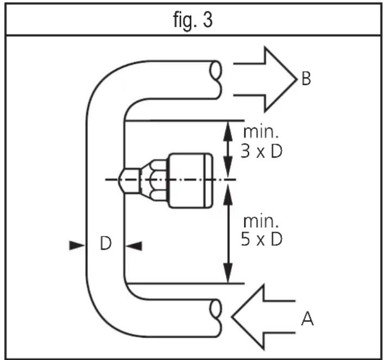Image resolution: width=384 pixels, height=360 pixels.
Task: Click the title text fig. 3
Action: click(193, 20)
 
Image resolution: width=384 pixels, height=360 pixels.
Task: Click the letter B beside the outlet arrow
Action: click(306, 78)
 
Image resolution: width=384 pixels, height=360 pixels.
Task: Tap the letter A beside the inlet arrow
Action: click(307, 319)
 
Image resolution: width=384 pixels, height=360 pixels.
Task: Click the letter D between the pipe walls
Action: click(106, 243)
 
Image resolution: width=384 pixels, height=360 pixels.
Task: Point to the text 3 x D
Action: click(262, 151)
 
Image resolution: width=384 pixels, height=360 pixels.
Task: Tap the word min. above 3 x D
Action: click(261, 132)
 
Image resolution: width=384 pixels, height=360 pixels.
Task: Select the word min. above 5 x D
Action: click(261, 221)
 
